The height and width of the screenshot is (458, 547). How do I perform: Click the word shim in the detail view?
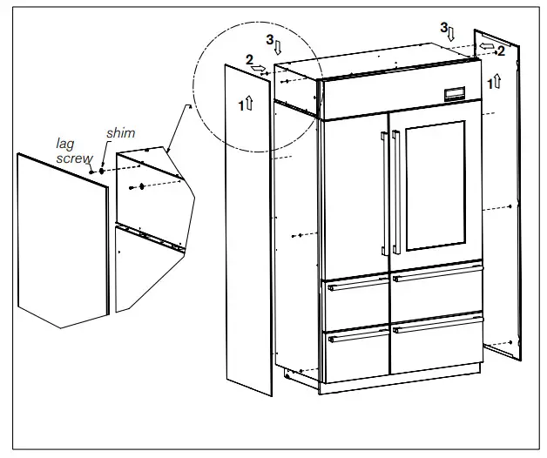(120, 133)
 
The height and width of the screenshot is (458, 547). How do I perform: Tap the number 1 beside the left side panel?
(240, 104)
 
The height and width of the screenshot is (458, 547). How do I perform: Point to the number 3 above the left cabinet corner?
(270, 40)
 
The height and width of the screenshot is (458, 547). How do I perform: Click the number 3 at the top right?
(443, 28)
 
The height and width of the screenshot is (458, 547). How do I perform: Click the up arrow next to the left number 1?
(249, 104)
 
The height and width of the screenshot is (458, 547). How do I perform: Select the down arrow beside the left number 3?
(279, 47)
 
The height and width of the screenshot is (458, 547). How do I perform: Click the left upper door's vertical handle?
(383, 188)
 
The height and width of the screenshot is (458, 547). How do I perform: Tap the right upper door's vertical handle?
(396, 188)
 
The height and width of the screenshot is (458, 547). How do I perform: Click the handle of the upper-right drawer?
(436, 276)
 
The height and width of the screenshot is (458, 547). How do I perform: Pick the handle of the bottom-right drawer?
(436, 327)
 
